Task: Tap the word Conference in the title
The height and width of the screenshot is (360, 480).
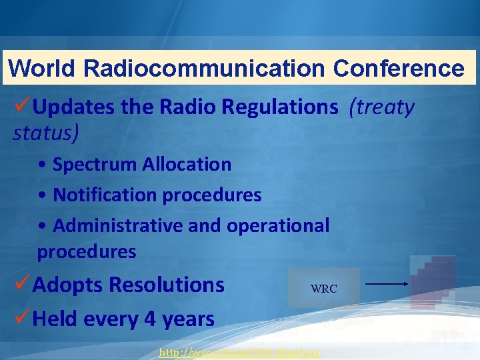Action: coord(399,68)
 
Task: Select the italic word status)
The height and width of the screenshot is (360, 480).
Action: coord(46,132)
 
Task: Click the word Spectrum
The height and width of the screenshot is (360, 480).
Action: coord(95,164)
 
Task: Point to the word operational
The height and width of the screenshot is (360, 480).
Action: coord(278,225)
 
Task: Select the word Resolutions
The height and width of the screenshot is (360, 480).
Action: coord(166,285)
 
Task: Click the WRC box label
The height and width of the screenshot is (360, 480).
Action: coord(324,289)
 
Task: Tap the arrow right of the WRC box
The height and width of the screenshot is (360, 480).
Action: coord(387,284)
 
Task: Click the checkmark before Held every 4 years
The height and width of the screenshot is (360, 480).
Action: coord(22,319)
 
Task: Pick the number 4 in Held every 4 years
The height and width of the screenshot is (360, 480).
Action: coord(151,319)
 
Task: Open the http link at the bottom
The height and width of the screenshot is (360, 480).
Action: coord(240,352)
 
